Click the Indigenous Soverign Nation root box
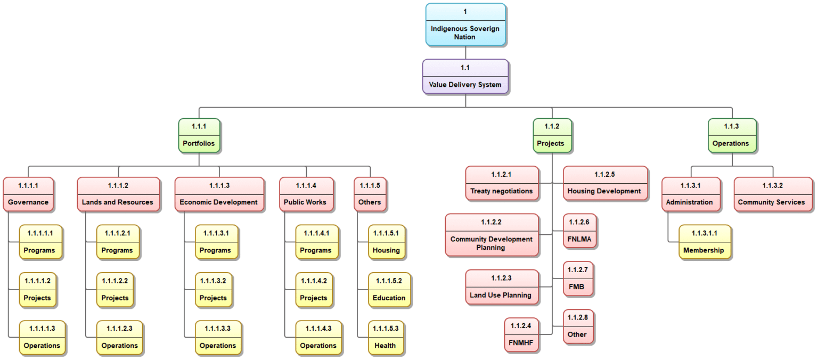point(465,24)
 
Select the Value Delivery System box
point(465,77)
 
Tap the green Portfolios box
point(199,135)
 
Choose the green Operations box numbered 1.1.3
point(732,135)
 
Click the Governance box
point(28,194)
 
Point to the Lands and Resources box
point(118,194)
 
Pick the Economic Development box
point(219,194)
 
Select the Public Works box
point(306,194)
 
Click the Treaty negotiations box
point(502,183)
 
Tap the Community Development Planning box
point(492,235)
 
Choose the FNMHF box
point(522,334)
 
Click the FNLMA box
point(580,231)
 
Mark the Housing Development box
point(604,183)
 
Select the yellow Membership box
point(704,242)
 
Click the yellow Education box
point(389,290)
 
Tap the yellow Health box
point(385,338)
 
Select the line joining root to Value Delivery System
point(465,52)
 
